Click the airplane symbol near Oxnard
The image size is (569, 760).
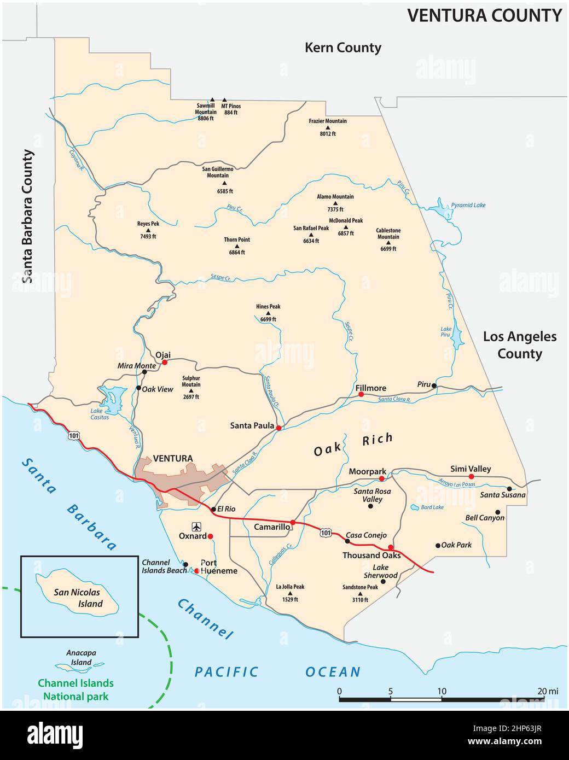pyautogui.click(x=196, y=527)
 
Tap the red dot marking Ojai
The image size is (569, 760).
pyautogui.click(x=165, y=362)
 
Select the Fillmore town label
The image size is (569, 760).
pyautogui.click(x=371, y=388)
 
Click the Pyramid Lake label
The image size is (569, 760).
pyautogui.click(x=468, y=206)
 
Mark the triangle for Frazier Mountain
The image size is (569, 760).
pyautogui.click(x=328, y=127)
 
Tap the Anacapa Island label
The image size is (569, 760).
pyautogui.click(x=81, y=657)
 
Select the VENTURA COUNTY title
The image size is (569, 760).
pyautogui.click(x=484, y=15)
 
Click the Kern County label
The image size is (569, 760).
pyautogui.click(x=342, y=48)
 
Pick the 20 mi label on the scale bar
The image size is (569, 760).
pyautogui.click(x=547, y=691)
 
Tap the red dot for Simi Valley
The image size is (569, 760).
pyautogui.click(x=471, y=477)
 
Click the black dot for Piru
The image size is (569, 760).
pyautogui.click(x=434, y=385)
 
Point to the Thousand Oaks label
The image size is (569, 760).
pyautogui.click(x=371, y=556)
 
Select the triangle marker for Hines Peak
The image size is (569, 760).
pyautogui.click(x=268, y=313)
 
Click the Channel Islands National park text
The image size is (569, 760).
pyautogui.click(x=76, y=689)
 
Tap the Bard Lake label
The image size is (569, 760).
pyautogui.click(x=432, y=507)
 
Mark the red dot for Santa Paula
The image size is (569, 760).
pyautogui.click(x=278, y=428)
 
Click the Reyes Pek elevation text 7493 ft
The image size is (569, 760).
pyautogui.click(x=148, y=237)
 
